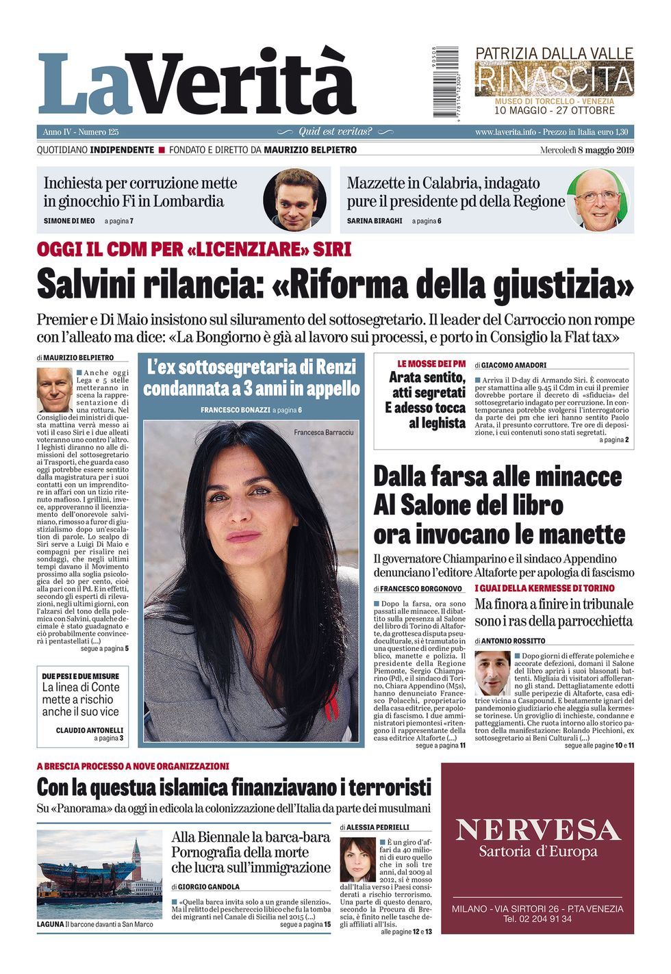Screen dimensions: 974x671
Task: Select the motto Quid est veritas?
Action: tap(335, 131)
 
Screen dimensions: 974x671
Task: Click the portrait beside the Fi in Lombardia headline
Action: tap(294, 200)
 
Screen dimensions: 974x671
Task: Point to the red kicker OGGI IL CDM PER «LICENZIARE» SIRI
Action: tap(194, 249)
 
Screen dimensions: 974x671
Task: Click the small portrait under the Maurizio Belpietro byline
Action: tap(54, 389)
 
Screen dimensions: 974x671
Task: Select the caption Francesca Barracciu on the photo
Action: tap(324, 432)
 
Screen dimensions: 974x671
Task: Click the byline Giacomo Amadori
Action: tap(514, 366)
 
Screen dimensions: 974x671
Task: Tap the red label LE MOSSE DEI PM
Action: tap(431, 363)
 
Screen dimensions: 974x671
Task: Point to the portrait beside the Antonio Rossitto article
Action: tap(492, 674)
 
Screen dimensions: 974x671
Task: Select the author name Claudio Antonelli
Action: tap(90, 730)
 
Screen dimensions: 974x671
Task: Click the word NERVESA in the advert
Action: tap(537, 830)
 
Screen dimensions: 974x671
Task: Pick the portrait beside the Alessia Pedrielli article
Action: tap(358, 860)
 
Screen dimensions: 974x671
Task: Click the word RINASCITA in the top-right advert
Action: tap(554, 79)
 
